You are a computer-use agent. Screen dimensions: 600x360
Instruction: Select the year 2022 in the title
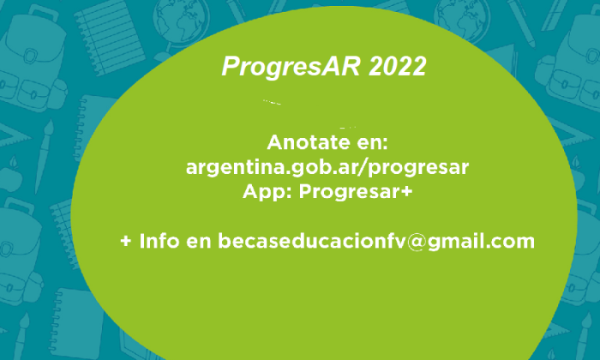pyautogui.click(x=398, y=67)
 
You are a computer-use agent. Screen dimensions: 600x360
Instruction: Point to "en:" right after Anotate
pyautogui.click(x=372, y=143)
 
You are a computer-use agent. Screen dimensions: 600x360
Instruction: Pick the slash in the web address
pyautogui.click(x=362, y=167)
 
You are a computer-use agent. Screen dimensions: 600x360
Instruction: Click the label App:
pyautogui.click(x=267, y=192)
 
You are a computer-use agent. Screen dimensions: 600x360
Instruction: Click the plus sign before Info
pyautogui.click(x=126, y=242)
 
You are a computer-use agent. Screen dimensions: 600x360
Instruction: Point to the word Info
pyautogui.click(x=159, y=241)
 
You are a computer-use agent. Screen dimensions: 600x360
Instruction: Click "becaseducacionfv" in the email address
pyautogui.click(x=311, y=241)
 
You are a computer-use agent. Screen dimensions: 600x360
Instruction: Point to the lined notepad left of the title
pyautogui.click(x=109, y=36)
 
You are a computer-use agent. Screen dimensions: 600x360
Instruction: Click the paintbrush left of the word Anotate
pyautogui.click(x=44, y=156)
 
